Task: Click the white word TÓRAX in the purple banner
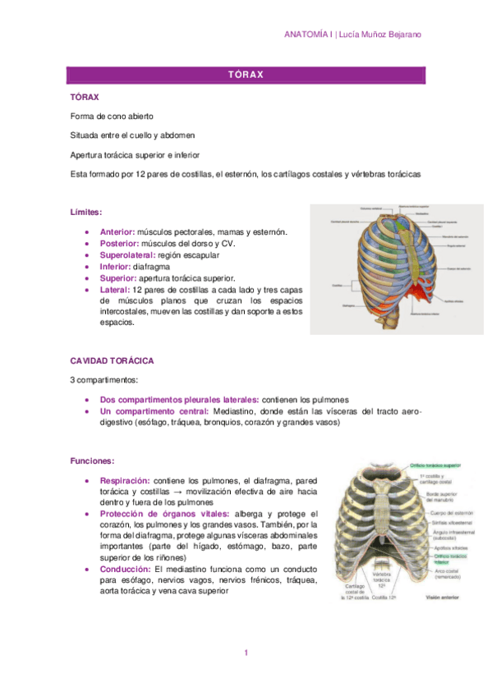(246, 75)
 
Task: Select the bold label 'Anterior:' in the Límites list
(117, 232)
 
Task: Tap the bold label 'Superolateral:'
(130, 255)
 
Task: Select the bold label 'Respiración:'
(126, 480)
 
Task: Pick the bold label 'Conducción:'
(125, 569)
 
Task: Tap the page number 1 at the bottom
(246, 652)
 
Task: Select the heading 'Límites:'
(87, 213)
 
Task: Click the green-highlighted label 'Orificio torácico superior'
(432, 465)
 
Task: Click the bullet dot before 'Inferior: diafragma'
(87, 267)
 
